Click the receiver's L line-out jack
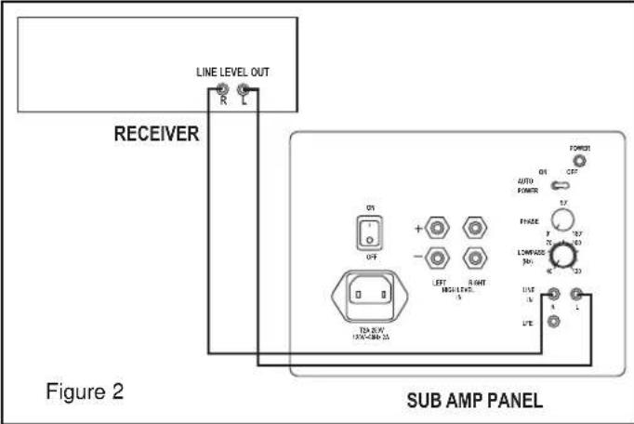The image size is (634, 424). point(244,91)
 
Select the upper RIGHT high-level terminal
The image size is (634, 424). point(479,227)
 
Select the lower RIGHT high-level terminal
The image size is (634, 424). point(479,260)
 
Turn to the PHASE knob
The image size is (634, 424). point(561,220)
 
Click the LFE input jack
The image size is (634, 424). point(554,322)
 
